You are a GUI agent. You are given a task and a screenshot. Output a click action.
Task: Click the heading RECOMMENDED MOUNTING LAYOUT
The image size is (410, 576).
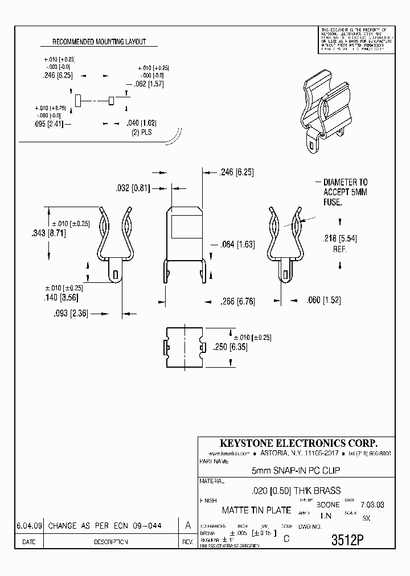click(99, 42)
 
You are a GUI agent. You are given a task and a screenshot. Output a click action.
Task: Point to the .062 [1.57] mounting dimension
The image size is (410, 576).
click(148, 84)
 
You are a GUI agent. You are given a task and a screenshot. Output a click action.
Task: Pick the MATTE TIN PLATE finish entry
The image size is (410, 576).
click(256, 510)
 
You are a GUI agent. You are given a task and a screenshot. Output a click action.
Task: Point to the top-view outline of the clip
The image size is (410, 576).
click(183, 347)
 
